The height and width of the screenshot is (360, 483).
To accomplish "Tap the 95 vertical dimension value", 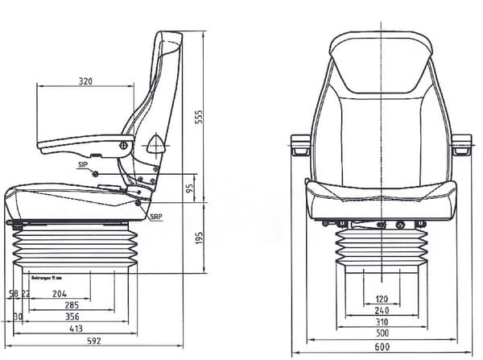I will [189, 189].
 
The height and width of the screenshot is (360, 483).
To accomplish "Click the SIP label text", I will [83, 165].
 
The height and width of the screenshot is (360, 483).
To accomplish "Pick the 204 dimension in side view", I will [60, 294].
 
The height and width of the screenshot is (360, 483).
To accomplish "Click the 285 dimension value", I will [72, 305].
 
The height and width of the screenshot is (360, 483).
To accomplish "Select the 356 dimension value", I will [72, 317].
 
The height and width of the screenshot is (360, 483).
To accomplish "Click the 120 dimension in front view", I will [382, 300].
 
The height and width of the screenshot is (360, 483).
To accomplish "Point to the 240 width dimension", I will [382, 311].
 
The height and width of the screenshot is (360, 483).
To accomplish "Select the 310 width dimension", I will [382, 322].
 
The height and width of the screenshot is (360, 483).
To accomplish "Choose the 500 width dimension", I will [382, 334].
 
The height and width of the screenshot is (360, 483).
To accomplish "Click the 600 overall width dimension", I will [382, 347].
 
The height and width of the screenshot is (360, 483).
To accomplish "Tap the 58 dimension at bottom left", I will [13, 294].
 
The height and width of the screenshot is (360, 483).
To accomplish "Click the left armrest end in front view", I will [300, 145].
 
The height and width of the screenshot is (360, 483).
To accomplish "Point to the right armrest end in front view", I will [461, 145].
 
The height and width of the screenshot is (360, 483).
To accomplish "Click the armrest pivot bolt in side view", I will [124, 145].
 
